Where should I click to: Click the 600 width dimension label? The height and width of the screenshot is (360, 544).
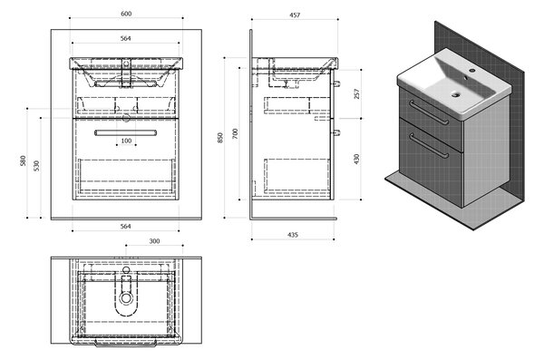point(126,14)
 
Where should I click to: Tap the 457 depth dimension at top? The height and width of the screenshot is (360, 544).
point(295,15)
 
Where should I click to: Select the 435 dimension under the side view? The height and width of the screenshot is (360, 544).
point(293,235)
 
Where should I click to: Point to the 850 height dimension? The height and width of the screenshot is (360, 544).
point(220,138)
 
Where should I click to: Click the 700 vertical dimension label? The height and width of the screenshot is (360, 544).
point(235,133)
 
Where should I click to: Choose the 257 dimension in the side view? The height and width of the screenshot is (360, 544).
point(356,93)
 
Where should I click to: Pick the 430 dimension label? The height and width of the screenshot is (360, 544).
point(356,159)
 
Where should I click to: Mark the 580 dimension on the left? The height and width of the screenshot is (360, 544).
point(23,161)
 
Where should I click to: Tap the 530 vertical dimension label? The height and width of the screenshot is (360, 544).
point(37,166)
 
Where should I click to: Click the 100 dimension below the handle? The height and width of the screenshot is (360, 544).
point(126,141)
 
